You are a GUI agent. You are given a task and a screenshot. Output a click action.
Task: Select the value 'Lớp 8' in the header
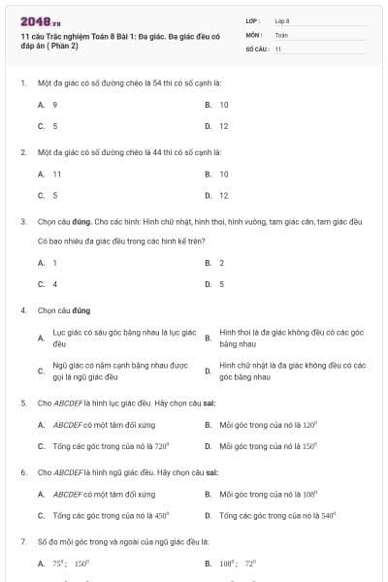[x=282, y=20]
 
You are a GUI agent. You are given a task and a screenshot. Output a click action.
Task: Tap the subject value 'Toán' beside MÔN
[x=281, y=34]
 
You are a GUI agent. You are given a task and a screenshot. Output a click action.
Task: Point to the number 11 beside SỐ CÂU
[x=278, y=48]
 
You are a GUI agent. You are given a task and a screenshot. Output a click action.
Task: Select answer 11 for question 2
[x=57, y=174]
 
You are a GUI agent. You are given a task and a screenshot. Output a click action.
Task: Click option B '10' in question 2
[x=223, y=174]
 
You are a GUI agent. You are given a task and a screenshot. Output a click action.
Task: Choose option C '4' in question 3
[x=55, y=284]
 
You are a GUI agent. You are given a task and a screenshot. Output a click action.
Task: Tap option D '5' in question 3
[x=221, y=284]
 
